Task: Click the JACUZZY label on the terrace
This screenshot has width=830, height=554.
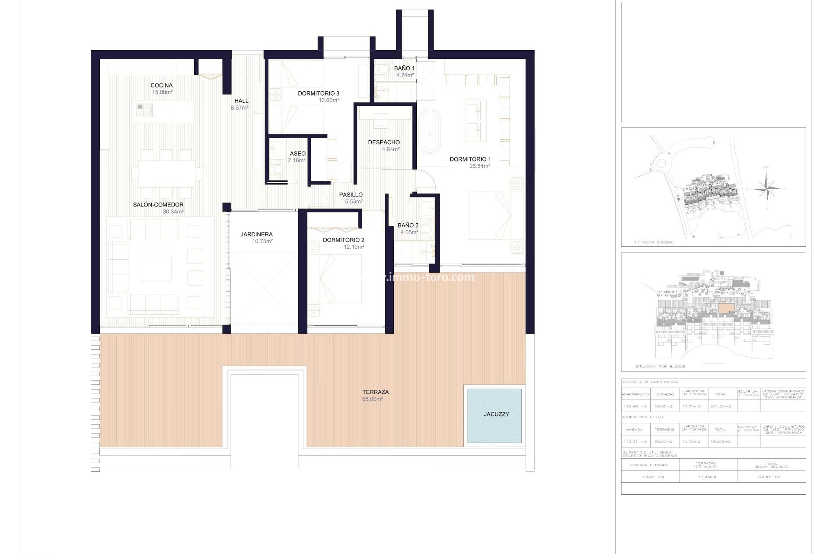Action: point(496,414)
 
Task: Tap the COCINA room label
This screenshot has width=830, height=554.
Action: point(162,85)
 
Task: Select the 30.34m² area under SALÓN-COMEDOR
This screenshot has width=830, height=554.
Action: point(173,212)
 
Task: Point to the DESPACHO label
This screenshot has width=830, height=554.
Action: point(383,142)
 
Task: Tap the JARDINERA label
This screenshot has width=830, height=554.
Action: point(256,234)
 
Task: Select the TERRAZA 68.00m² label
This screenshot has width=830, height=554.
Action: point(375,395)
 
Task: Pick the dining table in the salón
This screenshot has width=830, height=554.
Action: point(166,174)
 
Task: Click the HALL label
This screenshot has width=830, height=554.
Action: point(241,101)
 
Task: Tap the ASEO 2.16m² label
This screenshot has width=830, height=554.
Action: point(297,157)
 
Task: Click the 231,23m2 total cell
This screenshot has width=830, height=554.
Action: point(721,406)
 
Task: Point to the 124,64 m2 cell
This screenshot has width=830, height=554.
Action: point(771,477)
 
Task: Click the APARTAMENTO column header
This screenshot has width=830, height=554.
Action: point(635,394)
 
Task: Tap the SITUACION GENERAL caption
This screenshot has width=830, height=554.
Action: point(654,242)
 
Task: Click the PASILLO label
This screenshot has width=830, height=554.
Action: point(351,195)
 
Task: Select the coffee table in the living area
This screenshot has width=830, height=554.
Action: point(155,268)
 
